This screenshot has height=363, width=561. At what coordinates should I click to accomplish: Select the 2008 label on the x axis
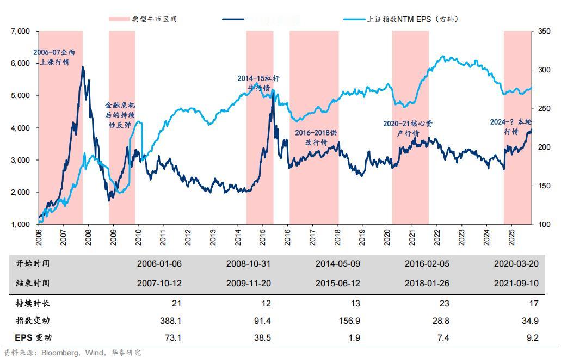tap(88, 240)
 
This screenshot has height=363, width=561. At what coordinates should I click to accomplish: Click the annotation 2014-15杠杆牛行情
tap(258, 83)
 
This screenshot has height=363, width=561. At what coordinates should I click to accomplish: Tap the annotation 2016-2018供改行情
tap(316, 137)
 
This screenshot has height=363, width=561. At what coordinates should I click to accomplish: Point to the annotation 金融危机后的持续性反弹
tap(120, 114)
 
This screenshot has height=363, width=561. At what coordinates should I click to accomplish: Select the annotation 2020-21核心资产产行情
tap(408, 128)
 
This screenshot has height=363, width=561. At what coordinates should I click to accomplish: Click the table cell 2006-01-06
tap(159, 263)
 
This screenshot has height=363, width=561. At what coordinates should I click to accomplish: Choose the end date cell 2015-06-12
tap(338, 283)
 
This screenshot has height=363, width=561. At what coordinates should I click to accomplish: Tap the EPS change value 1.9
tap(354, 338)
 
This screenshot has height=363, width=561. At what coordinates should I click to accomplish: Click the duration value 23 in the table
tap(444, 303)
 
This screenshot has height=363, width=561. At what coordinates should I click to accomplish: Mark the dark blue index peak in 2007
tap(82, 67)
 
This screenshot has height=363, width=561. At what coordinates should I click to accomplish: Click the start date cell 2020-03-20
tap(516, 263)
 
